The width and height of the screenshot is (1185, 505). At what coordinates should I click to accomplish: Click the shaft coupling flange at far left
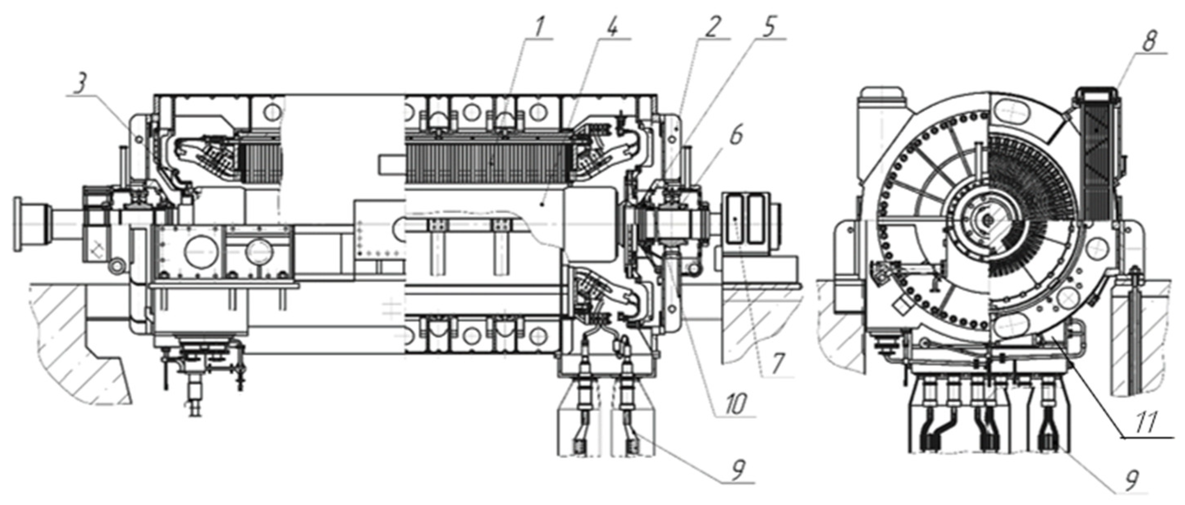(x=18, y=224)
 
